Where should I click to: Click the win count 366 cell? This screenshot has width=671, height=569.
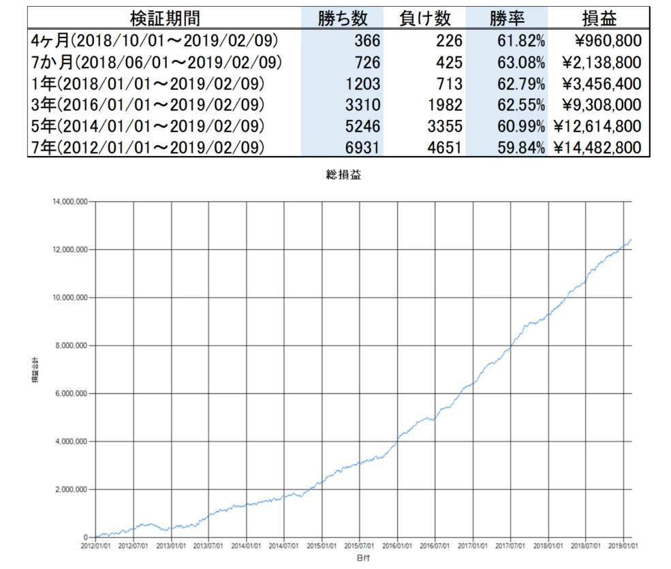[x=366, y=41]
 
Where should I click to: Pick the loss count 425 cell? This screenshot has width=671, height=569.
[x=450, y=63]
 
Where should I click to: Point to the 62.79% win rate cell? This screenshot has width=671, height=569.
[x=520, y=84]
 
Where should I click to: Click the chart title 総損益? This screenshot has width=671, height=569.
[x=344, y=175]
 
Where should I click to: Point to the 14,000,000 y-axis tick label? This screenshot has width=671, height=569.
[x=70, y=202]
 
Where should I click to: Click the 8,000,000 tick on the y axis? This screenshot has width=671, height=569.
[x=72, y=345]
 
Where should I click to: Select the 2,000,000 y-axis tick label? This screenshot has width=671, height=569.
[x=72, y=489]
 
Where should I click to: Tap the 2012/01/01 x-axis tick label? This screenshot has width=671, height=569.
[x=95, y=547]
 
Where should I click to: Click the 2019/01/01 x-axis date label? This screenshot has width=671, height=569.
[x=623, y=547]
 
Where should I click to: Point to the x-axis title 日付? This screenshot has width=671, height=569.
[x=364, y=558]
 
